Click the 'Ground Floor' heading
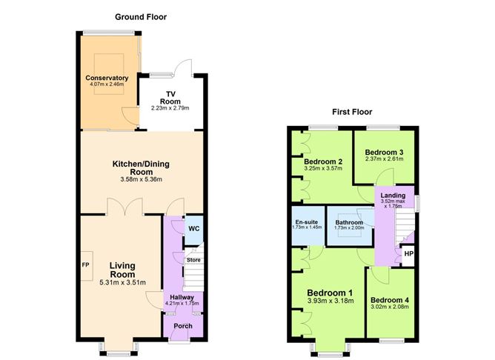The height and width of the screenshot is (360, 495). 141,17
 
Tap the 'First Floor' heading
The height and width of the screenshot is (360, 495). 352,112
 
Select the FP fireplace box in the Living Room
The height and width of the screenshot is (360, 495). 87,266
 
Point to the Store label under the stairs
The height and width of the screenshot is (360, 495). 193,260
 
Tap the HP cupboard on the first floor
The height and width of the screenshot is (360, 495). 409,254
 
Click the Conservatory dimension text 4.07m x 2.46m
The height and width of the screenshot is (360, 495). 107,84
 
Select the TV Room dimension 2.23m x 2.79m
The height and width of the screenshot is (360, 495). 170,108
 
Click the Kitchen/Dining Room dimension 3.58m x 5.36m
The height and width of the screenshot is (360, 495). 141,179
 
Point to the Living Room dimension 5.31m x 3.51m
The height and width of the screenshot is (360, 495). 122,283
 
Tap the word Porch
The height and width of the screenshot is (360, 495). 183,326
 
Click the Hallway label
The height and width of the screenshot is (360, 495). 182,297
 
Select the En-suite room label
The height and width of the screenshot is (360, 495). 307,221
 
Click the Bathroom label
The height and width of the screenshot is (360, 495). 349,222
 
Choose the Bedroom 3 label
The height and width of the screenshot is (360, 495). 384,153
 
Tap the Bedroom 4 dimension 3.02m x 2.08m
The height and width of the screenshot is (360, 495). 390,307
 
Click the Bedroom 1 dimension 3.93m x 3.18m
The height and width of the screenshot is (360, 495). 330,301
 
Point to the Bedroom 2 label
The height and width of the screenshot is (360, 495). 323,162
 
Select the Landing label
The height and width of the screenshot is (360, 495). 393,196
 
